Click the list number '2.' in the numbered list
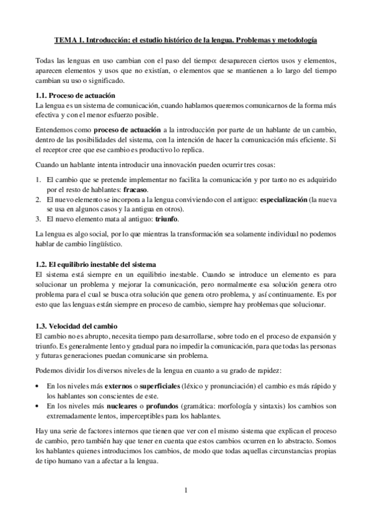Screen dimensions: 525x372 coord(38,199)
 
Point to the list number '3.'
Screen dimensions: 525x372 coord(38,219)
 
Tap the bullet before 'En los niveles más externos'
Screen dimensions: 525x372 coord(38,386)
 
